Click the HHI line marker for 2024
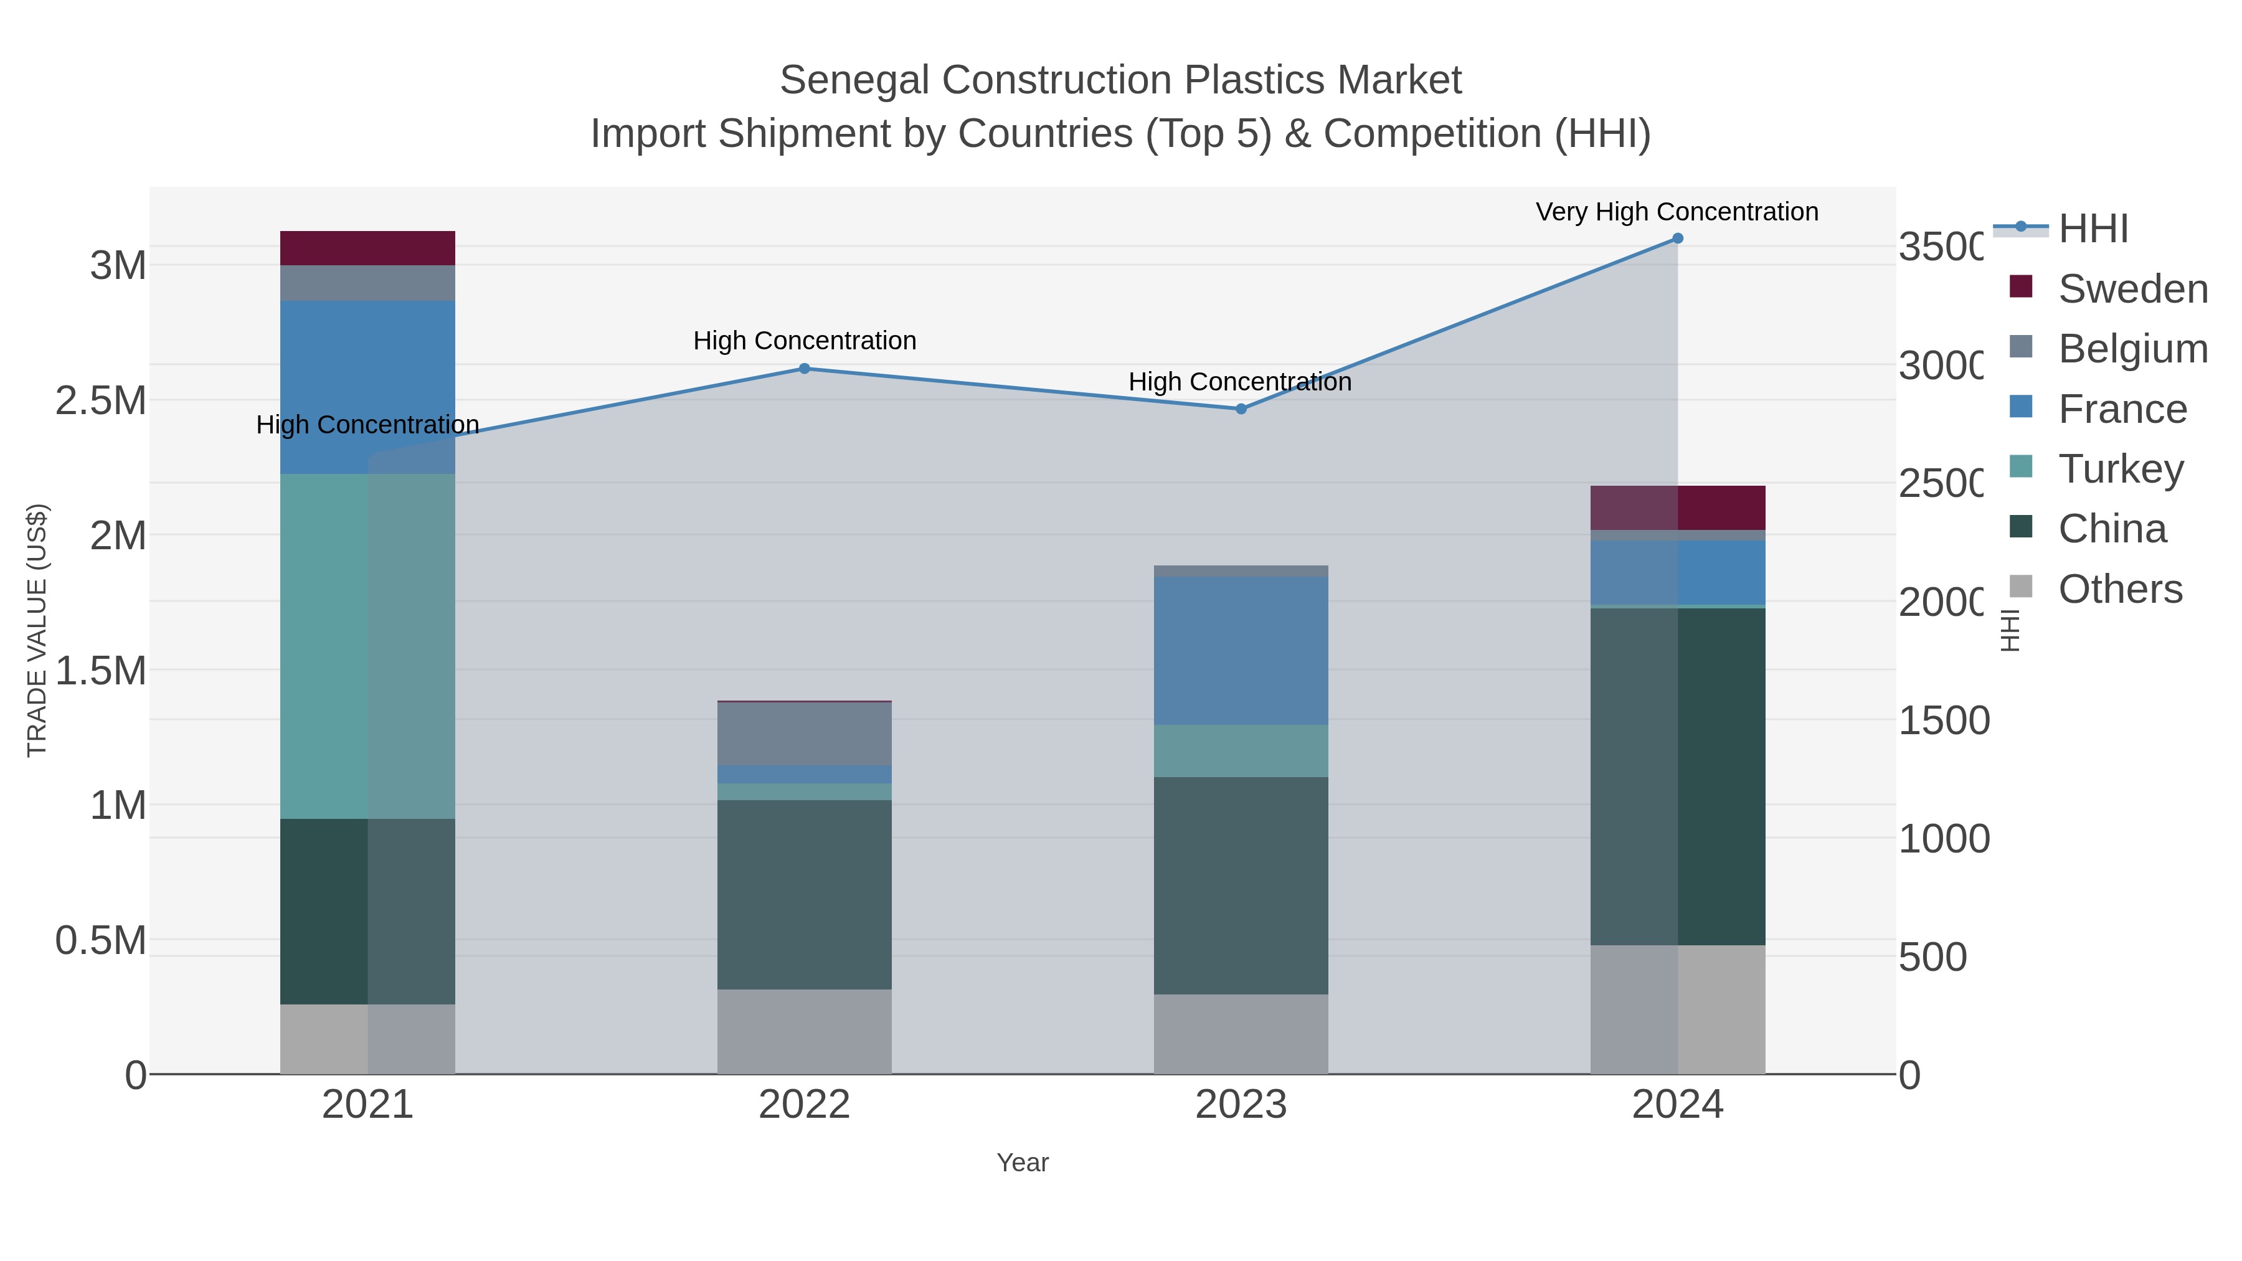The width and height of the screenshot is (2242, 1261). [1677, 239]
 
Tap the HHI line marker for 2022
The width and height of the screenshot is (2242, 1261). [804, 369]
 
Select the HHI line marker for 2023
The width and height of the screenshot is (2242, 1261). [1241, 409]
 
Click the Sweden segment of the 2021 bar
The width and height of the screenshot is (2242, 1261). [367, 248]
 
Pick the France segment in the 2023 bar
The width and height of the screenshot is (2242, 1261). [1241, 651]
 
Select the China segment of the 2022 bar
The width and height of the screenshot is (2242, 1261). [804, 895]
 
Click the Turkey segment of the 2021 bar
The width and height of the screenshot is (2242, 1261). [367, 646]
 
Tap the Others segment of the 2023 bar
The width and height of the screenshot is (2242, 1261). [1241, 1034]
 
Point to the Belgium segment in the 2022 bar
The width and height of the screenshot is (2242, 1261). [804, 734]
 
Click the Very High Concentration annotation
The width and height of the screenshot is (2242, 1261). [1677, 212]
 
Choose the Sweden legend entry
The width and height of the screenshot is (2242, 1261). [2132, 289]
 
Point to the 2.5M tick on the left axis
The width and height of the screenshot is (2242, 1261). [101, 401]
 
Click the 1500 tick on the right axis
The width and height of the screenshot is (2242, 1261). [1942, 720]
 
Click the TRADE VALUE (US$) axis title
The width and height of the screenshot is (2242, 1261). [37, 630]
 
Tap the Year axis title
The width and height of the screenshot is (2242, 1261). [1023, 1163]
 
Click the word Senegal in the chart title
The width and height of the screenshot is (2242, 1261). [854, 81]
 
